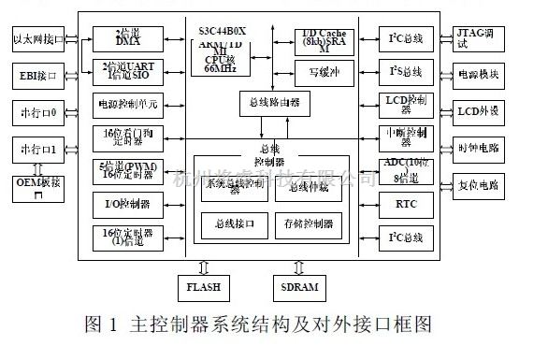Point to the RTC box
(x=405, y=203)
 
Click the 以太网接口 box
(x=38, y=40)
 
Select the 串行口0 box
(x=38, y=113)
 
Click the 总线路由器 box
(x=270, y=102)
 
